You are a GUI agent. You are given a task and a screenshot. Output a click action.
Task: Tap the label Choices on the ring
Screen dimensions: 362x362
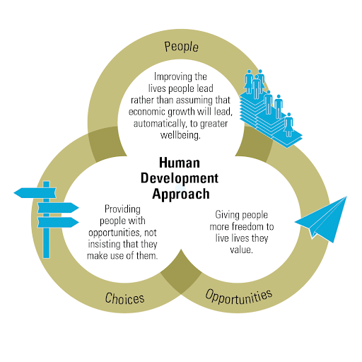(x=124, y=298)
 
